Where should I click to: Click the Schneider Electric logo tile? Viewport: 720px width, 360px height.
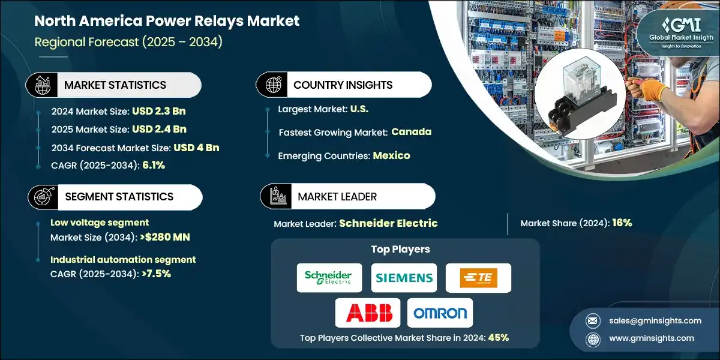point(329,278)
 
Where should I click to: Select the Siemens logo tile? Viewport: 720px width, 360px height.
point(404,278)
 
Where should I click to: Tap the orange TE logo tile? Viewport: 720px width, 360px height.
point(478,278)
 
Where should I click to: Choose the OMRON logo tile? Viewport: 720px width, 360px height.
point(440,313)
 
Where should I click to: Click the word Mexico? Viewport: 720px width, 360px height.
point(391,155)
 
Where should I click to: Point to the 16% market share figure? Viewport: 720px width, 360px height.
point(622,223)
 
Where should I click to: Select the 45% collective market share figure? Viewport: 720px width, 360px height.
point(498,337)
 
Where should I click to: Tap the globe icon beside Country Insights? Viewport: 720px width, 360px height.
point(272,85)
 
